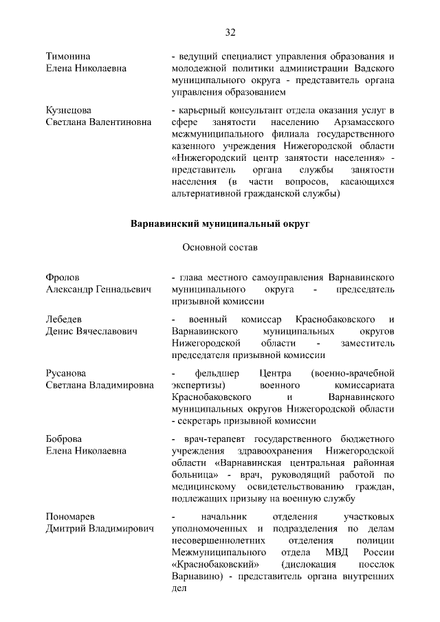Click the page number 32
coord(230,32)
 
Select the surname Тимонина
coord(69,55)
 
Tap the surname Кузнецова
coord(69,110)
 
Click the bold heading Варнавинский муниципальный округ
coord(220,223)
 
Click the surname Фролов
coord(63,278)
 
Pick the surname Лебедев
coord(64,319)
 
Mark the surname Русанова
coord(67,373)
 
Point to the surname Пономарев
coord(71,515)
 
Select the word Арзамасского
coord(362,122)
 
